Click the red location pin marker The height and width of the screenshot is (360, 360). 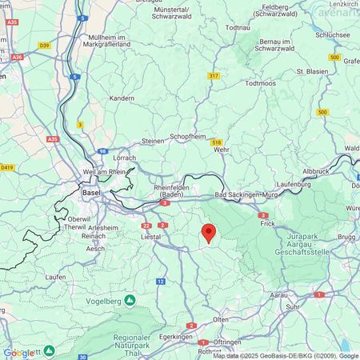[x=208, y=233]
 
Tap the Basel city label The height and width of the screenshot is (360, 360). [x=91, y=193]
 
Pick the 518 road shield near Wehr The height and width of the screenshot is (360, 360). [x=216, y=142]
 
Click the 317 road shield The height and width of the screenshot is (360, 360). [x=214, y=75]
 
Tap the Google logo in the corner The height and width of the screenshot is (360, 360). [x=18, y=352]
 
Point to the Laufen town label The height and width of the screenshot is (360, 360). [x=33, y=276]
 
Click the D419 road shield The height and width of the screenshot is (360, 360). [x=8, y=167]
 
